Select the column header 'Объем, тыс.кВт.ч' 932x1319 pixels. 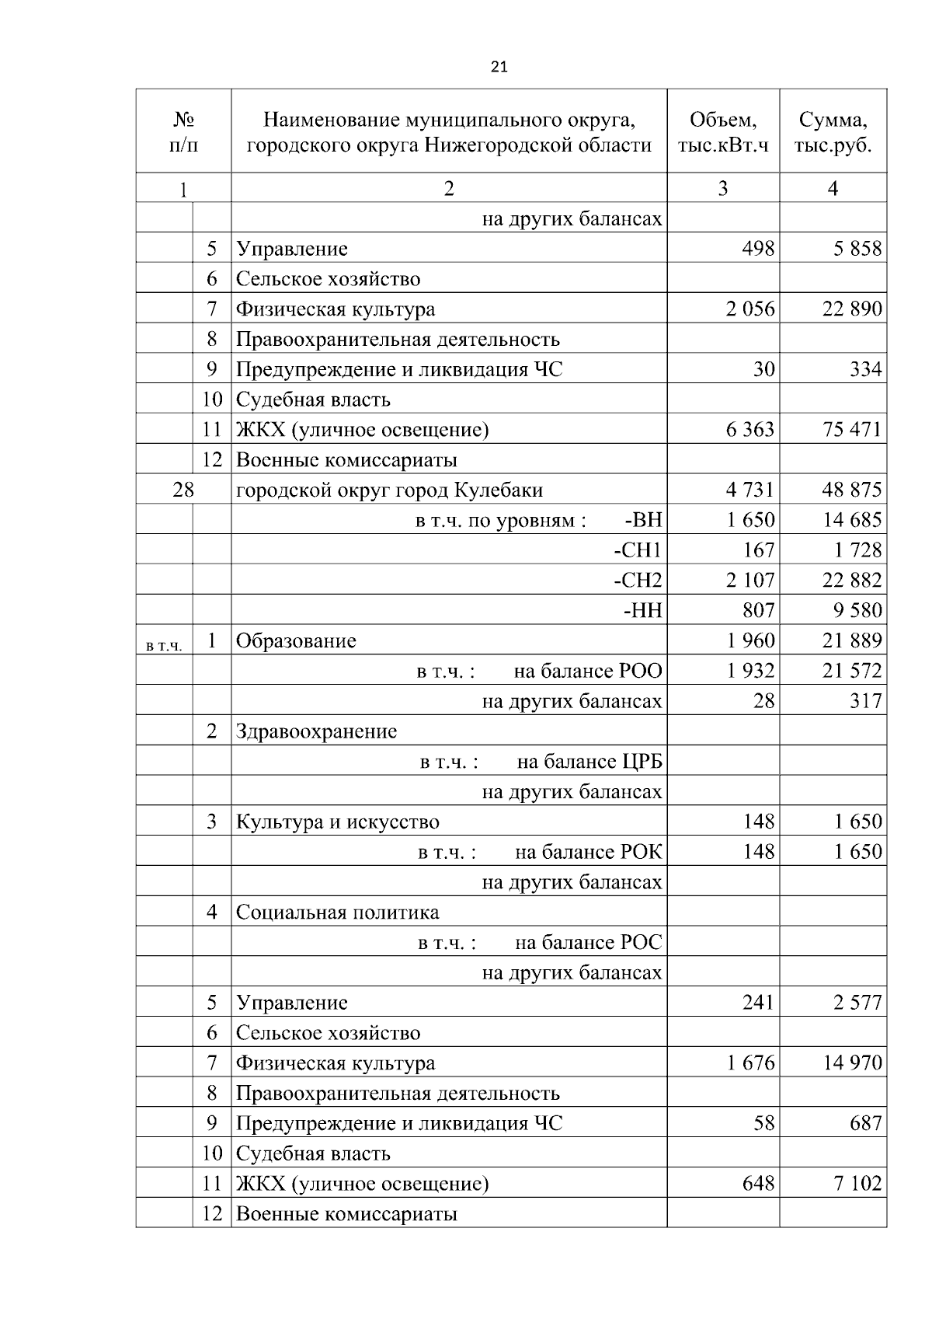tap(722, 131)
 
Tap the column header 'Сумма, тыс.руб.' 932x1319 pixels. tap(833, 131)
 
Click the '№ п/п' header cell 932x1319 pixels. tap(183, 131)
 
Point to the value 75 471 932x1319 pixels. tap(852, 429)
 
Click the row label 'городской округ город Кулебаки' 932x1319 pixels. tap(389, 490)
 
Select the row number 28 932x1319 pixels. tap(183, 490)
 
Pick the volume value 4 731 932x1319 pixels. tap(750, 490)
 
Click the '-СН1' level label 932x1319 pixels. tap(638, 550)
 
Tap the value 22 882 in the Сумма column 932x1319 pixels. tap(852, 580)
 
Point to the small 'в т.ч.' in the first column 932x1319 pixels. tap(163, 645)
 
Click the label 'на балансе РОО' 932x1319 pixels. tap(588, 671)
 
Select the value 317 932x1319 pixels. tap(865, 701)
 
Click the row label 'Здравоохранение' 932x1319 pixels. tap(316, 731)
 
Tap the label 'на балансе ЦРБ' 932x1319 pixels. tap(589, 762)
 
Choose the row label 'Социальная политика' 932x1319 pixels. tap(337, 912)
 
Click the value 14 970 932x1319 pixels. tap(852, 1063)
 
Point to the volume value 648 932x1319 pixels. tap(758, 1183)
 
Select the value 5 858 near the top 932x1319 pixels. tap(857, 249)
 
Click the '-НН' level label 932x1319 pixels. tap(642, 610)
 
